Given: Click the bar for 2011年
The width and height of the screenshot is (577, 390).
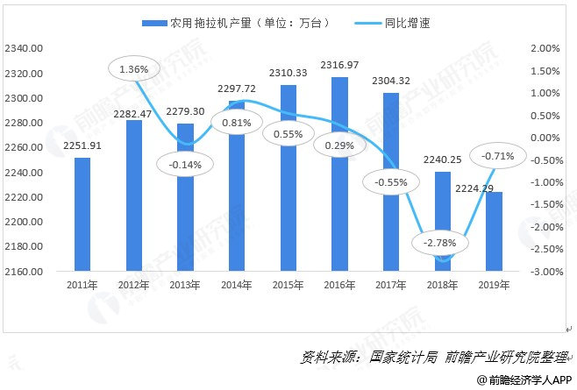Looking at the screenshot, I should [x=82, y=215].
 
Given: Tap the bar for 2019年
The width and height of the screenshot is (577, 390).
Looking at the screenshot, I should [x=495, y=231].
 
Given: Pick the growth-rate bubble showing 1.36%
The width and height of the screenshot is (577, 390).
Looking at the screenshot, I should [x=132, y=67].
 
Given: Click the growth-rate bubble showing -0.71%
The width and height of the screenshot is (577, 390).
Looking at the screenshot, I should [x=498, y=156].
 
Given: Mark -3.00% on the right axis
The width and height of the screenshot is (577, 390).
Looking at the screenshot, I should [x=545, y=272].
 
